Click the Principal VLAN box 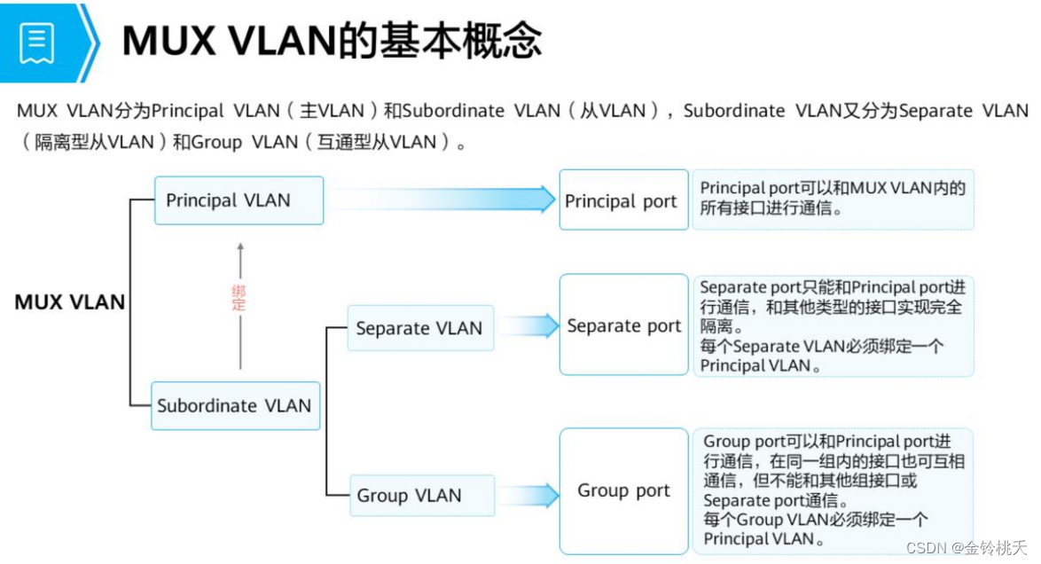coord(239,200)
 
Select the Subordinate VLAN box coord(235,406)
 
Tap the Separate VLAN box coord(419,328)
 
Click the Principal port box coord(623,200)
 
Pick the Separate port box coord(623,325)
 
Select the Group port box coord(623,490)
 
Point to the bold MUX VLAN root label coord(70,302)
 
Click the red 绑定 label coord(239,298)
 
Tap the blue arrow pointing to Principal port coord(443,200)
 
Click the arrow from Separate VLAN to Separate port coord(527,326)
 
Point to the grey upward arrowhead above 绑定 coord(239,247)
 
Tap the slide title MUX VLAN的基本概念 coord(332,41)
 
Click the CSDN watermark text coord(970,547)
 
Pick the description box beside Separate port coord(833,325)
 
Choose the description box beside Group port coord(833,490)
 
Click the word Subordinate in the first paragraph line coord(449,111)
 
